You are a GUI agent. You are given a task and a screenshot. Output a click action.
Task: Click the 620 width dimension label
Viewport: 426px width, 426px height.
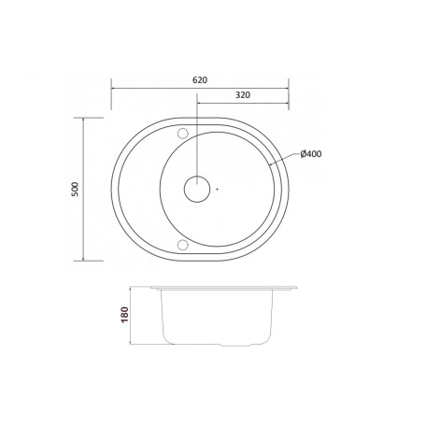tap(200, 80)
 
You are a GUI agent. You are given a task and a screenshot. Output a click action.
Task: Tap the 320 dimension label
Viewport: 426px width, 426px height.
tap(243, 95)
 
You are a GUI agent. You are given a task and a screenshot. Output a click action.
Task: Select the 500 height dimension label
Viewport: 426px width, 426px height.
tap(76, 189)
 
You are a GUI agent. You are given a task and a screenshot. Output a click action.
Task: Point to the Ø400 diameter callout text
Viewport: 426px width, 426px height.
tap(311, 154)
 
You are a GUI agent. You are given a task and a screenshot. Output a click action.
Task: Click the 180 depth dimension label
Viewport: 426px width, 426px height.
tap(124, 315)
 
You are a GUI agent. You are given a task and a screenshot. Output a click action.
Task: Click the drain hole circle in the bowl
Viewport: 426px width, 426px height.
tap(197, 189)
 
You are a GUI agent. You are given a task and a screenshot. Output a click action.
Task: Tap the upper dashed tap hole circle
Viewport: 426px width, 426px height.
tap(183, 134)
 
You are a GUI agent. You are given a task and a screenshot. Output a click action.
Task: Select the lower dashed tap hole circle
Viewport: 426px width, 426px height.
tap(183, 245)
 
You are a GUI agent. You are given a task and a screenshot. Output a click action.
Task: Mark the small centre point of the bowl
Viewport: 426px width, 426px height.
tap(218, 189)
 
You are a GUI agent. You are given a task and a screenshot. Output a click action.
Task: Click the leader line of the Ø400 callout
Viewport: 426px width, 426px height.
tap(283, 159)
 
